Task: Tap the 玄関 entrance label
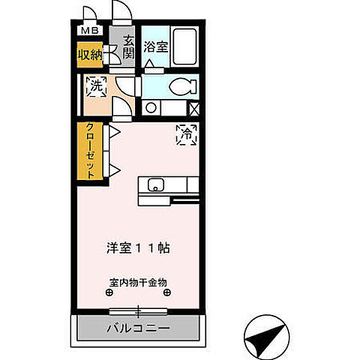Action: tap(128, 48)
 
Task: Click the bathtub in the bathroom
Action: tap(184, 48)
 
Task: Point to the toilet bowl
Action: tap(180, 87)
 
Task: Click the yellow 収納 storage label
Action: tap(90, 55)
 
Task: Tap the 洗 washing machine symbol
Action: tap(95, 86)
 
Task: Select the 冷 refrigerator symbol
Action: tap(186, 134)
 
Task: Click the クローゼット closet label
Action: tap(90, 151)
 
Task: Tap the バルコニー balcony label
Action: tap(137, 328)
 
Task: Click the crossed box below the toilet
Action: tap(194, 108)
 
